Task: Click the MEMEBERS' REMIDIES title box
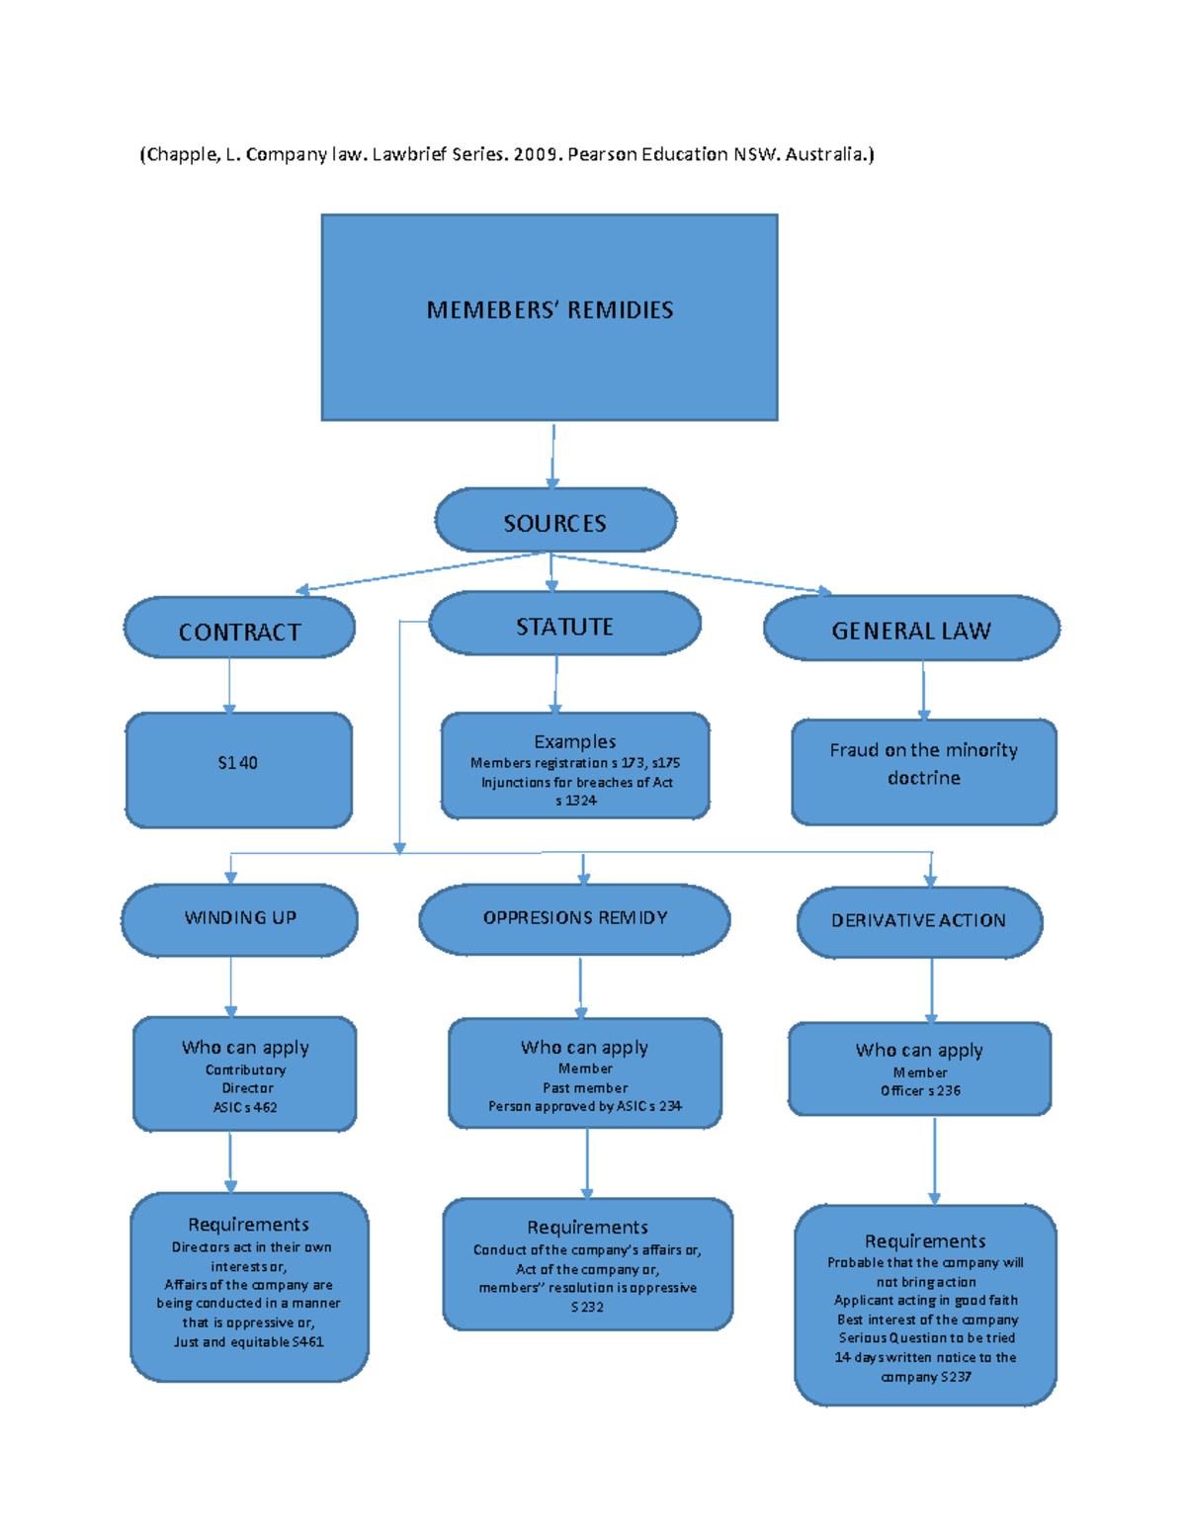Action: click(550, 316)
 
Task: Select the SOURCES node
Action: click(554, 521)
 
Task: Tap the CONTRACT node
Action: click(239, 631)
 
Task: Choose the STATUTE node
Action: click(564, 626)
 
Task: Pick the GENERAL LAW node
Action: click(910, 630)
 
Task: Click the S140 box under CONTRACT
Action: click(238, 764)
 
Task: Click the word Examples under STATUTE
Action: click(574, 741)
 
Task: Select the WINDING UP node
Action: click(240, 918)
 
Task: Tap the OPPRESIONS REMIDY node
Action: click(574, 918)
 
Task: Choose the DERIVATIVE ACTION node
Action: click(918, 921)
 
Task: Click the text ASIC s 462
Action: click(245, 1108)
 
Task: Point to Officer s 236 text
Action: click(920, 1091)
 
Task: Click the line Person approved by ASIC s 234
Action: click(584, 1106)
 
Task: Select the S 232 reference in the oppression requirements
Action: click(587, 1307)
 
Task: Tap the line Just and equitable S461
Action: click(248, 1342)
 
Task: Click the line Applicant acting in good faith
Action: click(925, 1301)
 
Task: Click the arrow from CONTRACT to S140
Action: click(229, 686)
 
